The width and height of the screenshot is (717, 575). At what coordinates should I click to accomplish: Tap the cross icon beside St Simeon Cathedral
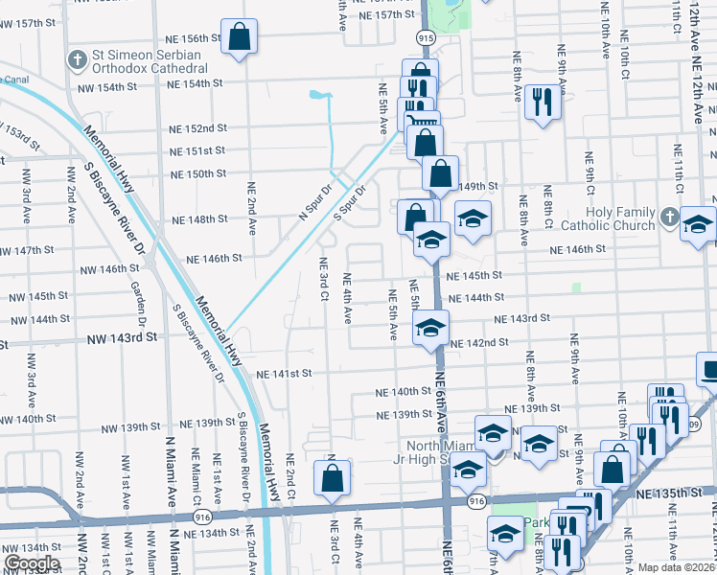click(x=77, y=60)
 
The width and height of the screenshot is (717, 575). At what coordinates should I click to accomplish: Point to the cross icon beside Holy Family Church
click(x=669, y=219)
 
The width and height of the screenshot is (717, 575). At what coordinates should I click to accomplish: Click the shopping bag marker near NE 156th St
click(x=240, y=37)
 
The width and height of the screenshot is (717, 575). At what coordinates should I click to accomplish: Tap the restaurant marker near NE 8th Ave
click(x=543, y=103)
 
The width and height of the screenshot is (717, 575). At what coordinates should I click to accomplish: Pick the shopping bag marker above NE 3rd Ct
click(x=332, y=478)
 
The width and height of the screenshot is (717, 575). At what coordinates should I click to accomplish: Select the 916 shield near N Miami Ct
click(x=202, y=516)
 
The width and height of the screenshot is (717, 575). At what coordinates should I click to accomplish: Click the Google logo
click(x=32, y=563)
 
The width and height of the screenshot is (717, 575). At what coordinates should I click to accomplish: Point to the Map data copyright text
click(x=676, y=567)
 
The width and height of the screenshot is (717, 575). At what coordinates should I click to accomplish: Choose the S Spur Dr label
click(x=352, y=204)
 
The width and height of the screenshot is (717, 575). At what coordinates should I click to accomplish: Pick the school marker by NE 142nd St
click(x=431, y=329)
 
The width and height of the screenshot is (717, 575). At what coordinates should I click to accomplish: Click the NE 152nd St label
click(x=199, y=127)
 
